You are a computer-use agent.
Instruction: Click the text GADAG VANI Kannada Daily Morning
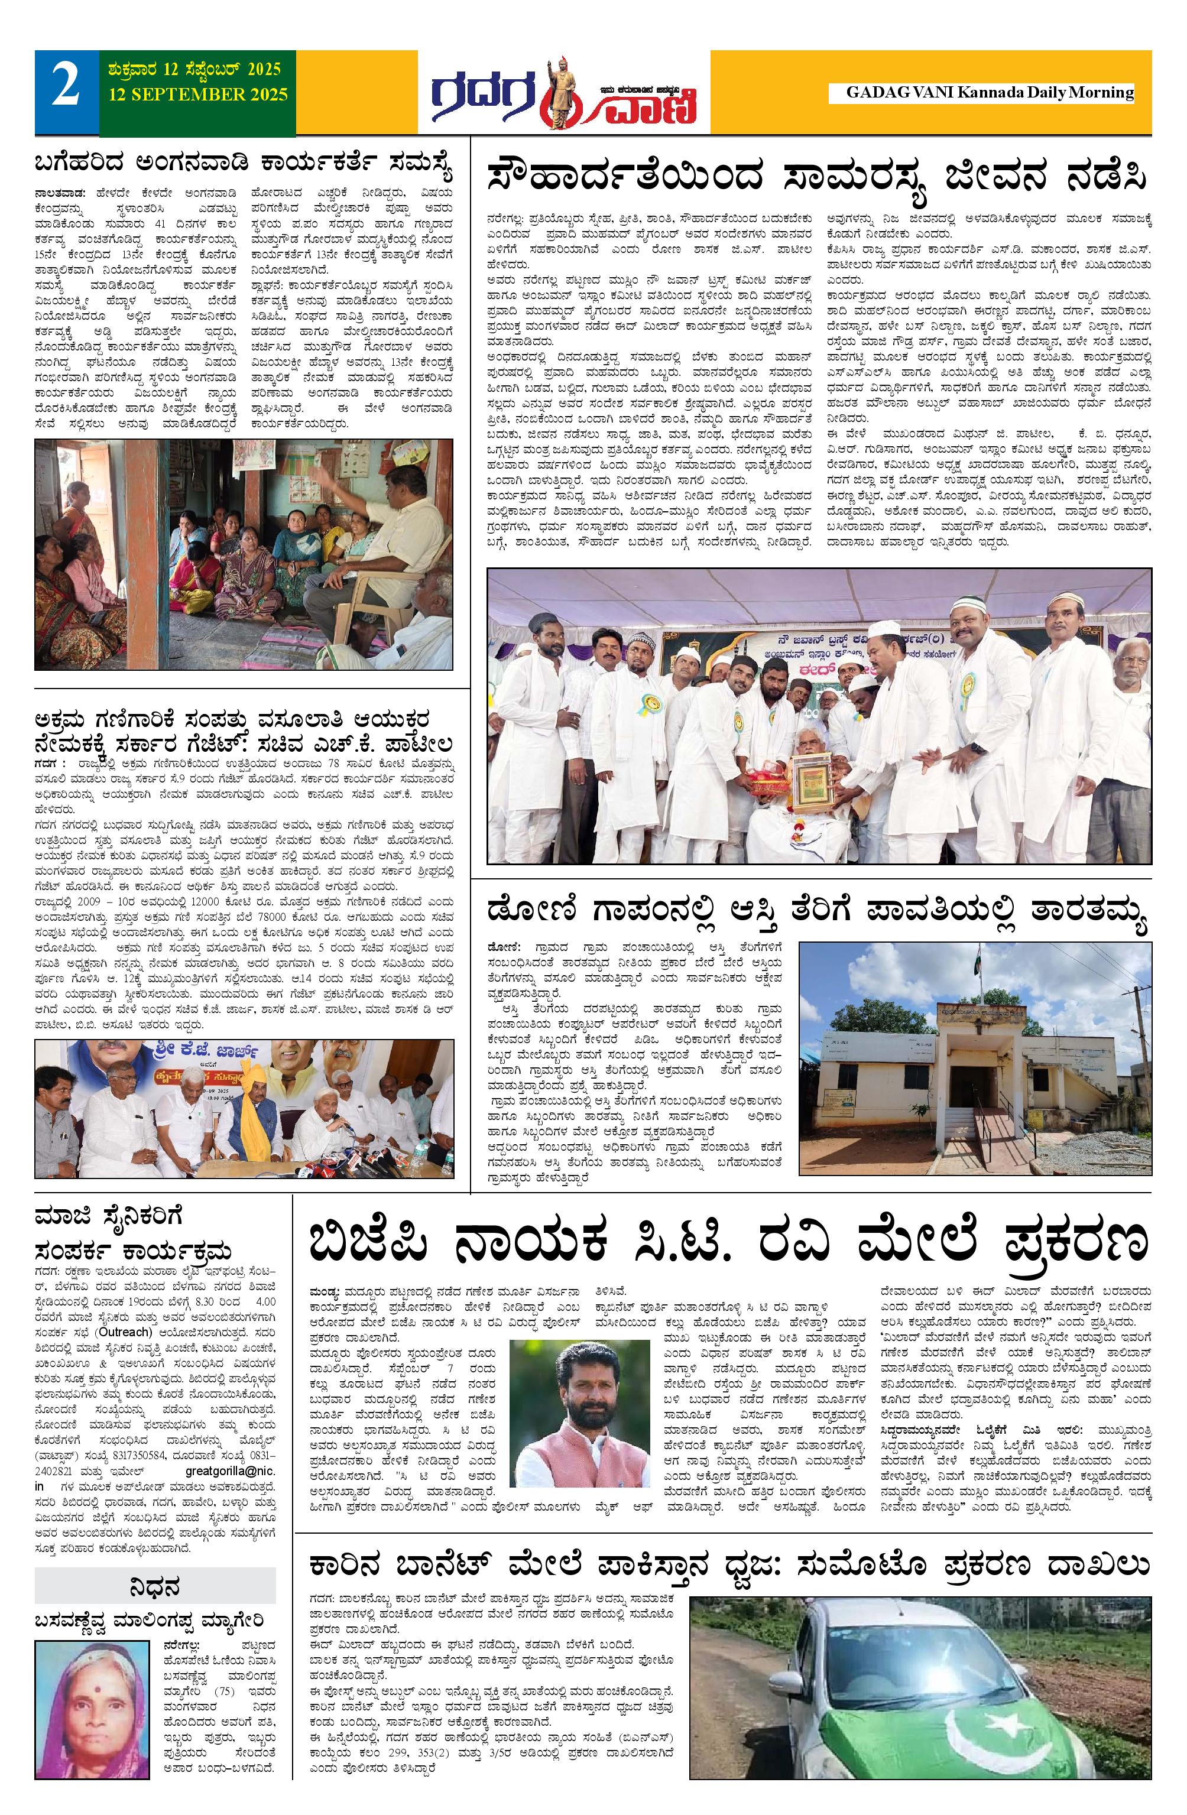[990, 92]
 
